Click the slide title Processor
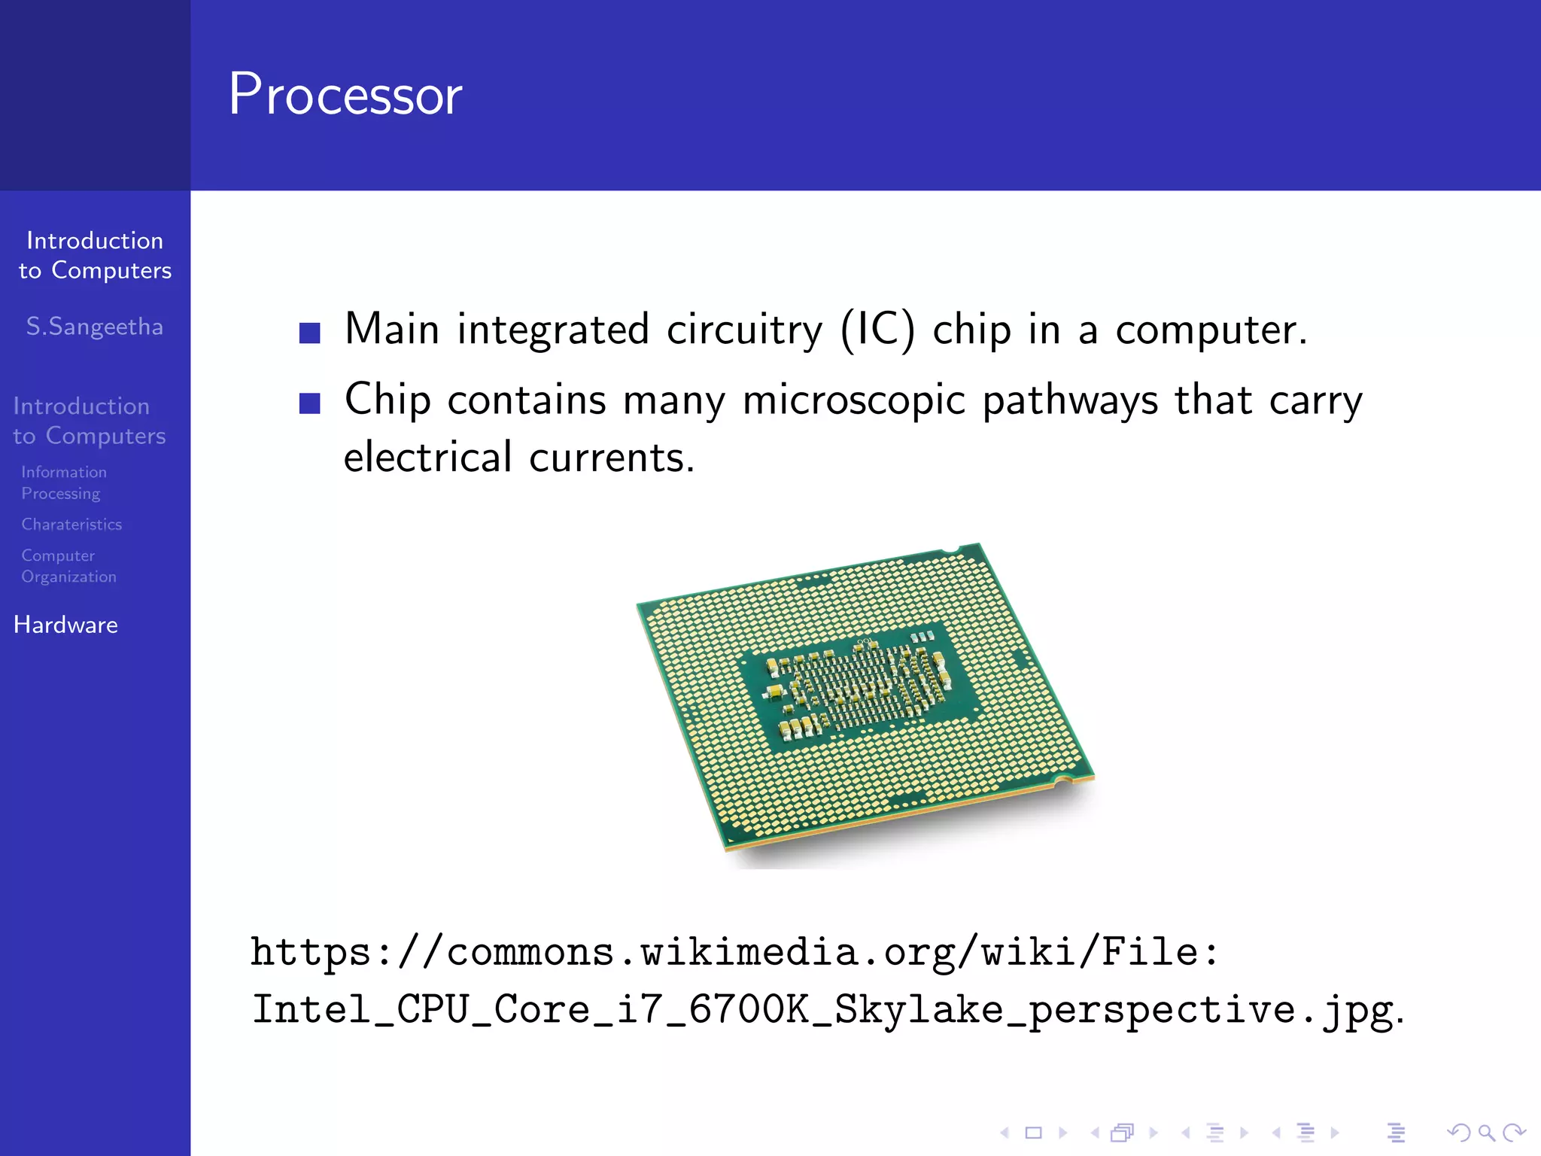pyautogui.click(x=345, y=95)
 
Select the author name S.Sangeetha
pyautogui.click(x=95, y=327)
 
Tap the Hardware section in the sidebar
pyautogui.click(x=66, y=625)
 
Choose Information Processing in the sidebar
pyautogui.click(x=64, y=482)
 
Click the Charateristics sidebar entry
pyautogui.click(x=71, y=525)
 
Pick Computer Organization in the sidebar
pyautogui.click(x=68, y=566)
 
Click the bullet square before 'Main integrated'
pyautogui.click(x=310, y=333)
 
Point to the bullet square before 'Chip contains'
pyautogui.click(x=310, y=403)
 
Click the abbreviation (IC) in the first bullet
pyautogui.click(x=877, y=330)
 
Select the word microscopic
pyautogui.click(x=853, y=400)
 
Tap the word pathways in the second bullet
pyautogui.click(x=1070, y=400)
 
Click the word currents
pyautogui.click(x=611, y=458)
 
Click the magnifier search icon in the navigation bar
pyautogui.click(x=1486, y=1133)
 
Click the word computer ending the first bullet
pyautogui.click(x=1210, y=330)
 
